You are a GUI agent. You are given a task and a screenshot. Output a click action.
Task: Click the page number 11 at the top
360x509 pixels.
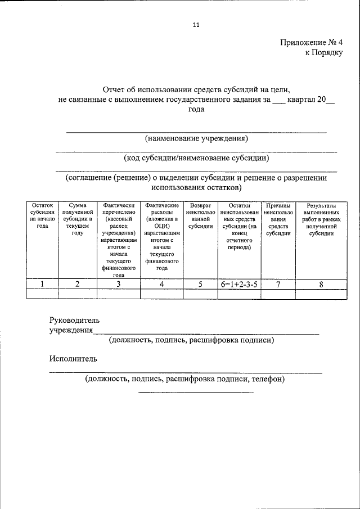coord(196,25)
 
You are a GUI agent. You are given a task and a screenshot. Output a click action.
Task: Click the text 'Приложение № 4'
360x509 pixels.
coord(310,43)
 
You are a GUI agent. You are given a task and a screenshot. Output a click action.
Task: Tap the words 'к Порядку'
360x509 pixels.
coord(323,52)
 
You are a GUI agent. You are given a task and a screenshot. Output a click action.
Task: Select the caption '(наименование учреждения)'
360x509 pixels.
coord(196,138)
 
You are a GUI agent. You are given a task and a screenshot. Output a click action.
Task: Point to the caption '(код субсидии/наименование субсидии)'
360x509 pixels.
coord(196,158)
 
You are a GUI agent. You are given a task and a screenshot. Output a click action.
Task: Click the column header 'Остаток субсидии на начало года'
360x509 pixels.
coord(43,216)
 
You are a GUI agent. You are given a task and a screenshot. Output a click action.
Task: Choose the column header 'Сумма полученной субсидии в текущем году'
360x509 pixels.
coord(78,220)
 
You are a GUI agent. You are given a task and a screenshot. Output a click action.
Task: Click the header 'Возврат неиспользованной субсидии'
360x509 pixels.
coord(200,216)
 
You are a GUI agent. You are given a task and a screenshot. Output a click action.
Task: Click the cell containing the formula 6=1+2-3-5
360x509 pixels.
coord(239,285)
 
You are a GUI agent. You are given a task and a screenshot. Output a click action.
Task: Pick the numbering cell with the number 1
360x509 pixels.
coord(43,285)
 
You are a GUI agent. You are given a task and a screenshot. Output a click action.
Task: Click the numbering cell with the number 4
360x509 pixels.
coord(161,285)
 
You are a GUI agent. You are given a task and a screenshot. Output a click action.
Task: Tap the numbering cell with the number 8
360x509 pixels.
coord(321,285)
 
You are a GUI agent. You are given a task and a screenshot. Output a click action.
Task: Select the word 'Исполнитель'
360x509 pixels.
coord(73,358)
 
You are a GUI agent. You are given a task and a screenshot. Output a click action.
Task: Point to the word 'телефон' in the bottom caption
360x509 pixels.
coord(268,379)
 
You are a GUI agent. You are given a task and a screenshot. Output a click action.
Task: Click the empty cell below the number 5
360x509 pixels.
coord(200,294)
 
